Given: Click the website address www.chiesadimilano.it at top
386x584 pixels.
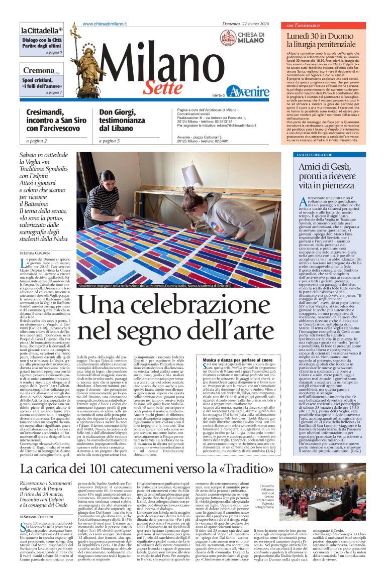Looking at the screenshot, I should tap(105, 24).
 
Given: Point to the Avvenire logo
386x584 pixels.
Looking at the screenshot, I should tap(247, 91).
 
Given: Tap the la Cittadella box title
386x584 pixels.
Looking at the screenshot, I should tap(41, 30).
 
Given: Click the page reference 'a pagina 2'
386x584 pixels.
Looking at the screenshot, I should tap(33, 141).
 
